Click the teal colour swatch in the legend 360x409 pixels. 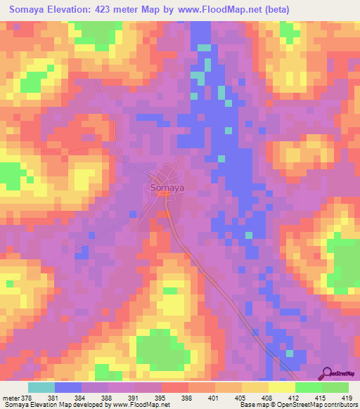[x=41, y=387]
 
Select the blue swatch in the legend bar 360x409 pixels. [x=68, y=387]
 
